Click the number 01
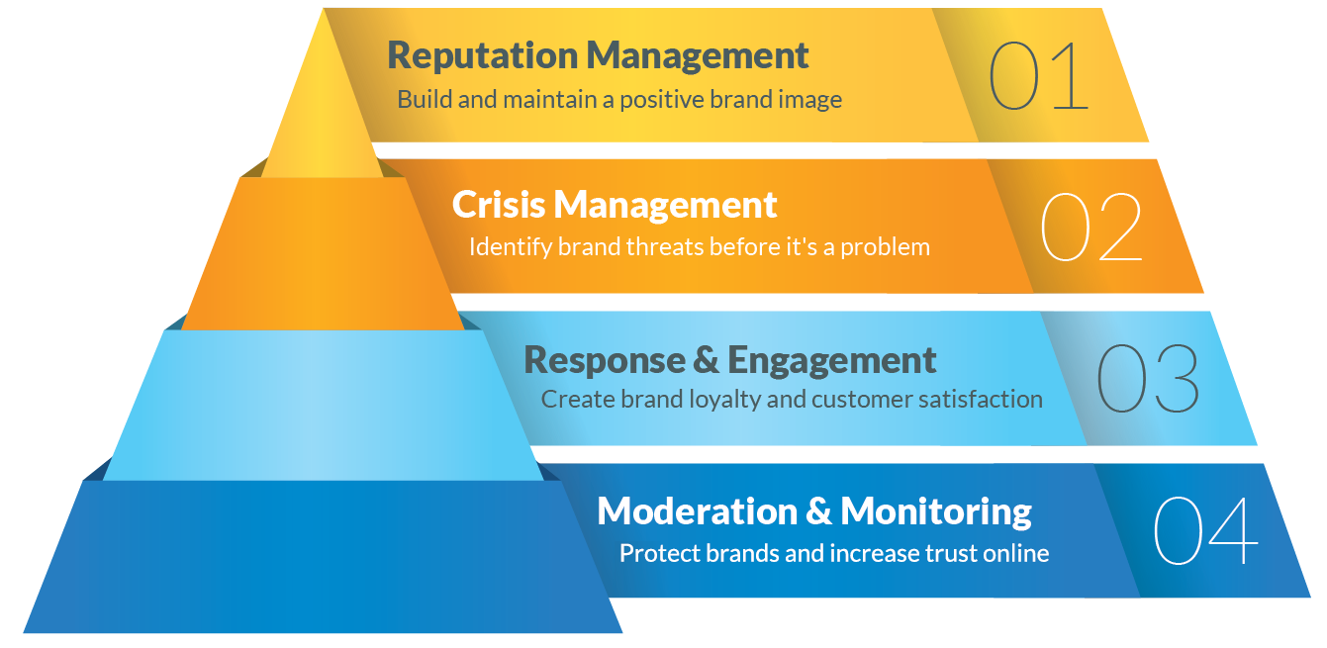[1038, 76]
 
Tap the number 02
[1091, 228]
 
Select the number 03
[1148, 379]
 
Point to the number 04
[1205, 530]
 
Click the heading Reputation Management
[598, 55]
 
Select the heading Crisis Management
[615, 205]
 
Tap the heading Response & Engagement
[729, 360]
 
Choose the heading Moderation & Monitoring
[814, 511]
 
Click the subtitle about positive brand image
[619, 100]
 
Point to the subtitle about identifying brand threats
[699, 246]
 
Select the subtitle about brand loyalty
[792, 400]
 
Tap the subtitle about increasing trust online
[833, 553]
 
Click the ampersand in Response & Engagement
[707, 360]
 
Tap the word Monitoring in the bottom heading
[936, 511]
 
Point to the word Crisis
[498, 205]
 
